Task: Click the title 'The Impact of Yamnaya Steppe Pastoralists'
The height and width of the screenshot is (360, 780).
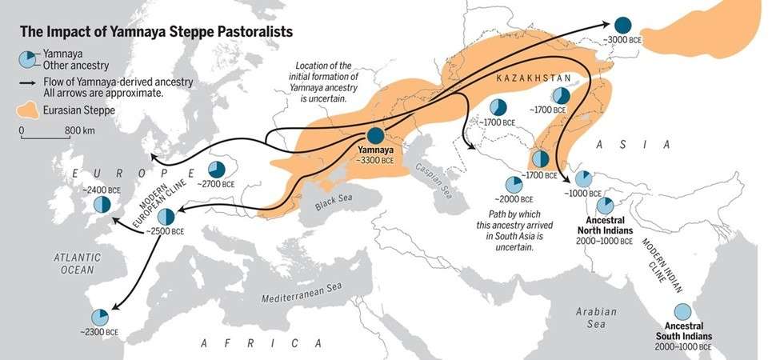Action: click(155, 32)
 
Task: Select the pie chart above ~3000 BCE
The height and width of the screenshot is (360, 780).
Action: click(622, 25)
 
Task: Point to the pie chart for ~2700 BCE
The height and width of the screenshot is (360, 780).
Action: click(216, 169)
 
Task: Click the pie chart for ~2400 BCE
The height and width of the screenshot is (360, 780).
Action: click(102, 204)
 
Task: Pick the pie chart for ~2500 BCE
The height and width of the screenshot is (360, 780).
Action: click(166, 215)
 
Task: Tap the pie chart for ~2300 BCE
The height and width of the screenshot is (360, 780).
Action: click(100, 317)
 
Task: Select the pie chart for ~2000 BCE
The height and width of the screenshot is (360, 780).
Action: click(514, 186)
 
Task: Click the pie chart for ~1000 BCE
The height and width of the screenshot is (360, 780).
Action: click(583, 178)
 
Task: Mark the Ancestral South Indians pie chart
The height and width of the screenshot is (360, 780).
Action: click(682, 312)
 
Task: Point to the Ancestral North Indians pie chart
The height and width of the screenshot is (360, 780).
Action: click(606, 205)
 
